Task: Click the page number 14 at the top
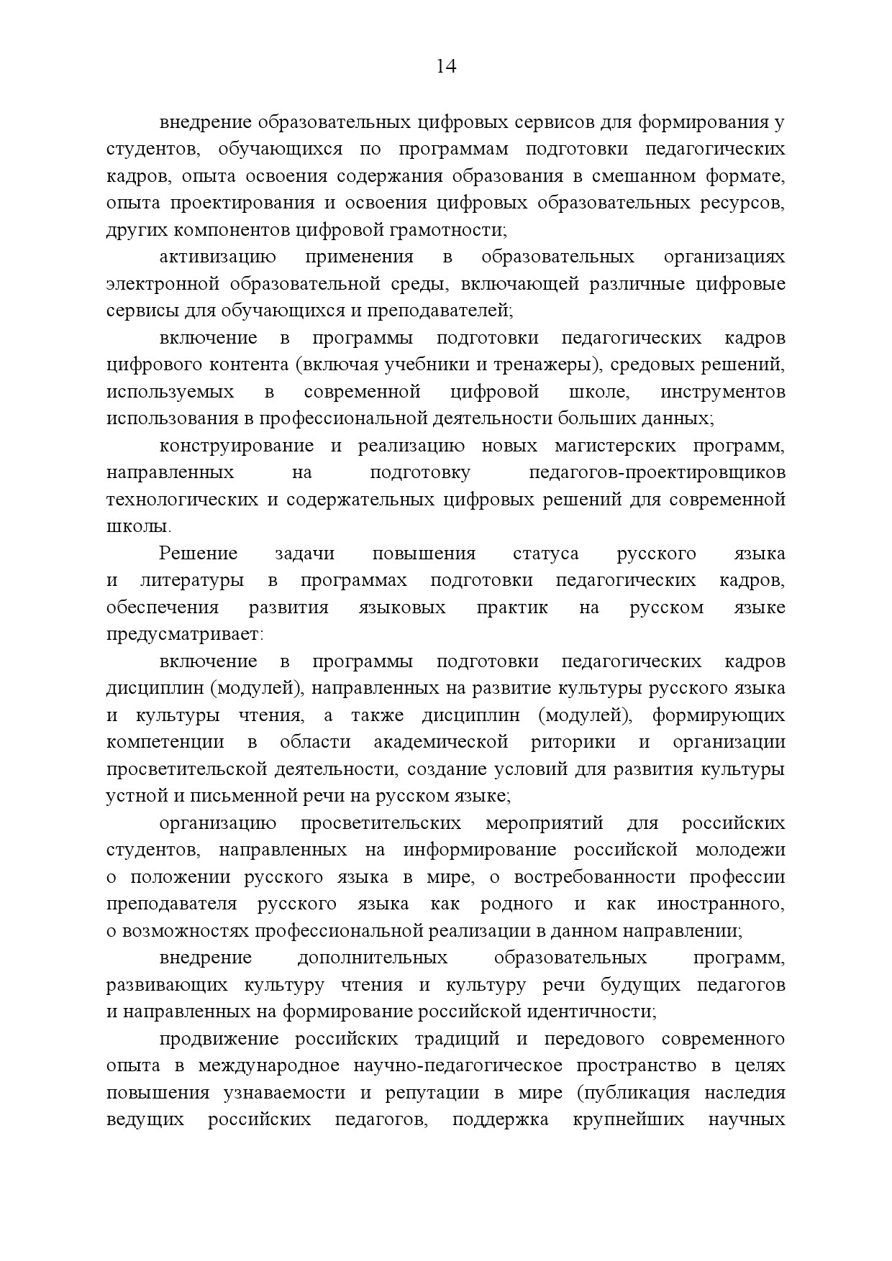click(446, 67)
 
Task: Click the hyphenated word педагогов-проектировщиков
click(657, 472)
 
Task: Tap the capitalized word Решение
click(198, 554)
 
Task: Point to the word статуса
click(546, 554)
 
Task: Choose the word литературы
click(191, 580)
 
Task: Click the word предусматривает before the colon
click(183, 635)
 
